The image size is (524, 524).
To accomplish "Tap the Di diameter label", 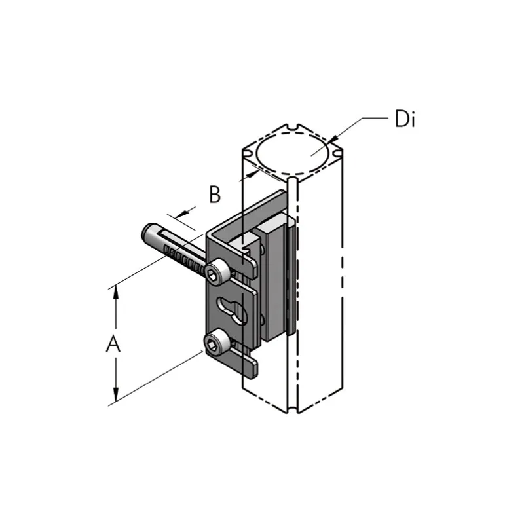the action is (x=405, y=119).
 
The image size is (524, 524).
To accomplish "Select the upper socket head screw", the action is (x=217, y=273).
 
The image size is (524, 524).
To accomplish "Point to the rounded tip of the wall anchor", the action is (x=147, y=231).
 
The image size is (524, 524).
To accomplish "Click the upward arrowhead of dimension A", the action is (x=116, y=292).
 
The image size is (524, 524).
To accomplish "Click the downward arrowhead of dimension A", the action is (x=116, y=395).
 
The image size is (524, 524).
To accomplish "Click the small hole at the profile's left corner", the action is (x=248, y=154).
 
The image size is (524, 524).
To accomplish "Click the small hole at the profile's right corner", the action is (x=337, y=153).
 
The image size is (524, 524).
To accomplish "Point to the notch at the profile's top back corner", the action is (x=293, y=126).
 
